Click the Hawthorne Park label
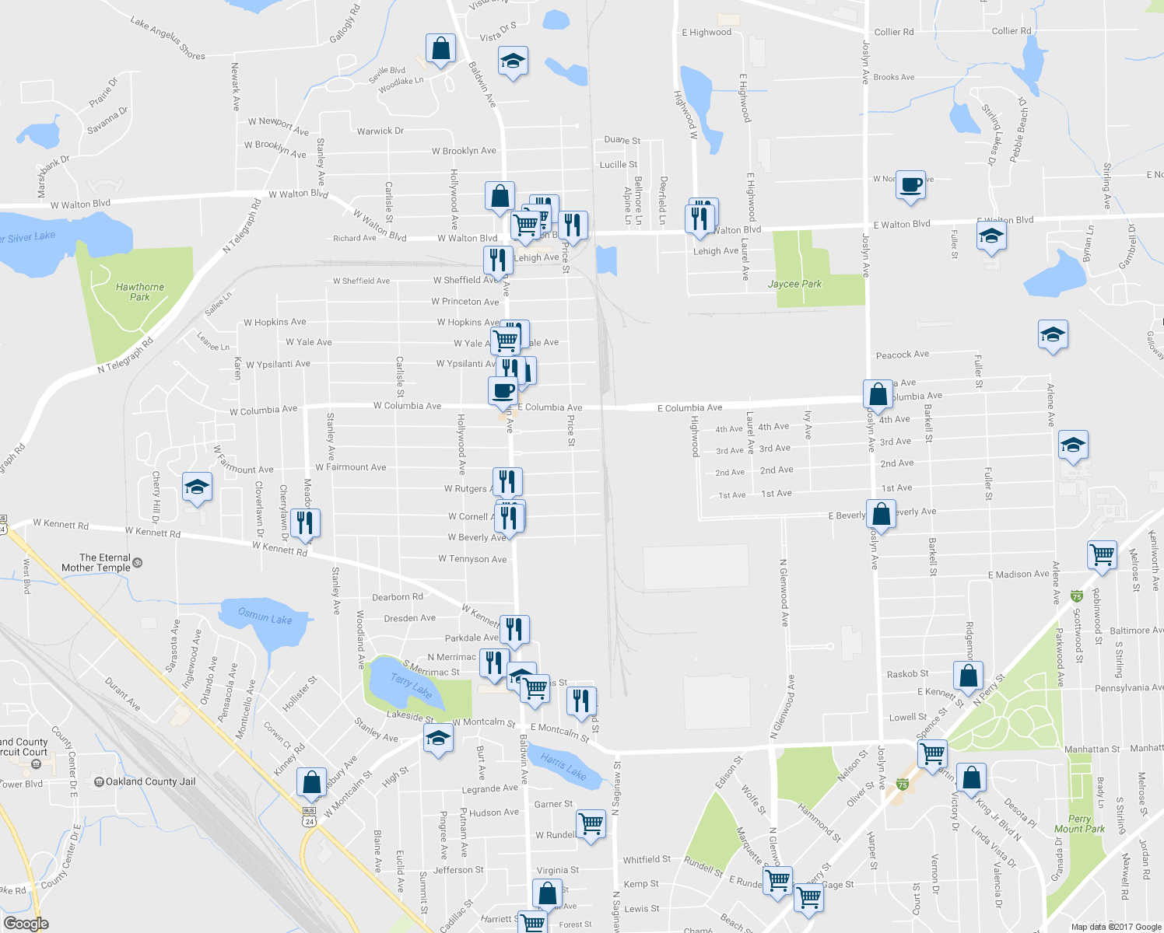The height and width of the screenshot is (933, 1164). [140, 292]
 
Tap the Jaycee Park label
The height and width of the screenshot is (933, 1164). [794, 284]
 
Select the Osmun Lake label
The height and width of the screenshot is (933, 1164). [265, 617]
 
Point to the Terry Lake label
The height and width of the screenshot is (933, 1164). [411, 686]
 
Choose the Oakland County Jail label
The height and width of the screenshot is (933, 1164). [150, 781]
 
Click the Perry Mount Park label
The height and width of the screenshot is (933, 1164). [1079, 824]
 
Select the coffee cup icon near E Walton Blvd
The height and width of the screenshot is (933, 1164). [910, 185]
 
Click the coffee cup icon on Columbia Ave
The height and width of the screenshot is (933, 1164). [503, 390]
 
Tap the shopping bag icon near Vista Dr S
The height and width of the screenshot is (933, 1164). [440, 48]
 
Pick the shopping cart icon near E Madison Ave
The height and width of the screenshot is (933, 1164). [1102, 555]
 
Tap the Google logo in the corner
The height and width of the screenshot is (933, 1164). [26, 924]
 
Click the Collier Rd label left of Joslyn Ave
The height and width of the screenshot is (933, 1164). [894, 32]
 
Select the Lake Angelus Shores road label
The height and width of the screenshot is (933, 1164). [168, 39]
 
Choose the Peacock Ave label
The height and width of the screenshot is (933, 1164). [903, 355]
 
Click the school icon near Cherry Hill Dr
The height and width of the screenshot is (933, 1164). [196, 487]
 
